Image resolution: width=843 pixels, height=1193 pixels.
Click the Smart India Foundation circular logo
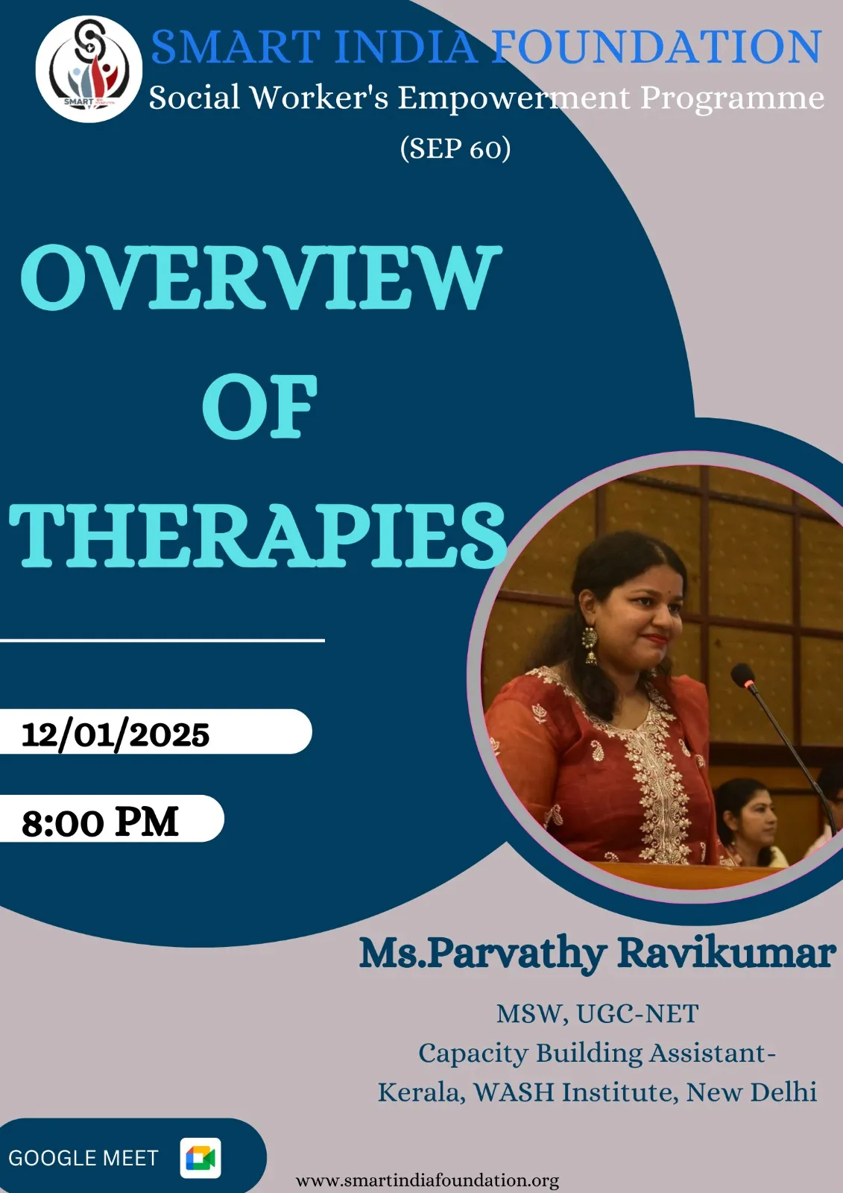89,69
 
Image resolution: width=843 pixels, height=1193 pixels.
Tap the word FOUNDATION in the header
657,47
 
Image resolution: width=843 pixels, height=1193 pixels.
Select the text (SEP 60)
455,148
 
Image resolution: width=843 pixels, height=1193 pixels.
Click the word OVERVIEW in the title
261,277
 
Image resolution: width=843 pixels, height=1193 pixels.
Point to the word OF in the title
260,406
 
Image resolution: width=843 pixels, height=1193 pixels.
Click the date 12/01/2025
116,735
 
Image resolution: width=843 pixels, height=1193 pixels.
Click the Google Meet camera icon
201,1158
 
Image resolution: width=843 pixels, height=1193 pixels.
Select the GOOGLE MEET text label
83,1159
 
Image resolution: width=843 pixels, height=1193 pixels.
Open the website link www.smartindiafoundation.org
427,1180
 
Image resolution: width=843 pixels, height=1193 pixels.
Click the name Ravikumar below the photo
727,953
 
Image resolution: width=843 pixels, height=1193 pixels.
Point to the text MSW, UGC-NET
598,1014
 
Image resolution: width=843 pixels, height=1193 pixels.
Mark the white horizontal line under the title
162,640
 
